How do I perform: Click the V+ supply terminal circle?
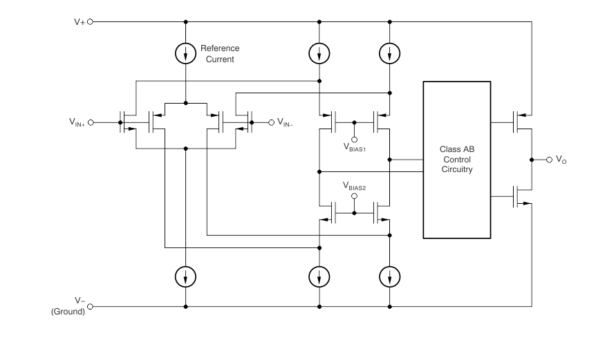[89, 21]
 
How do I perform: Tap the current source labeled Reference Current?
[186, 53]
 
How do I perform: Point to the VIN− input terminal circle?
[270, 122]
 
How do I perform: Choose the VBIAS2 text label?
[354, 186]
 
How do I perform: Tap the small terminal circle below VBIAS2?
[354, 196]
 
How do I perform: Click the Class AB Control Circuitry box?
[456, 160]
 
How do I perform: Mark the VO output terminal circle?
[549, 160]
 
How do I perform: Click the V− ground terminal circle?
[89, 306]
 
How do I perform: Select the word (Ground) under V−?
[68, 312]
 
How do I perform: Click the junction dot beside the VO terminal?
[532, 160]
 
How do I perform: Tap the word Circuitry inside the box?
[456, 169]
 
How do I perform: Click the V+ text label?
[80, 21]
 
